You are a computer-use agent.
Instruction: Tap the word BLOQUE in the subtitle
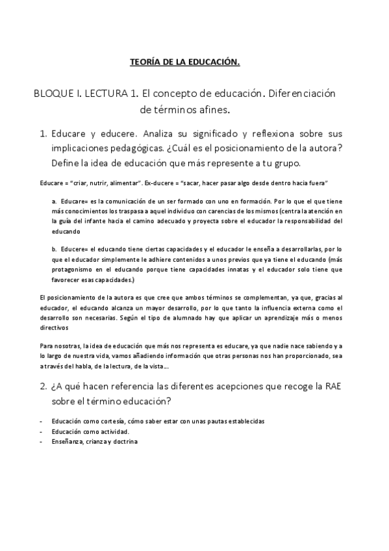[53, 94]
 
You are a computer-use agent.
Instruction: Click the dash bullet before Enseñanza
[41, 442]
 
